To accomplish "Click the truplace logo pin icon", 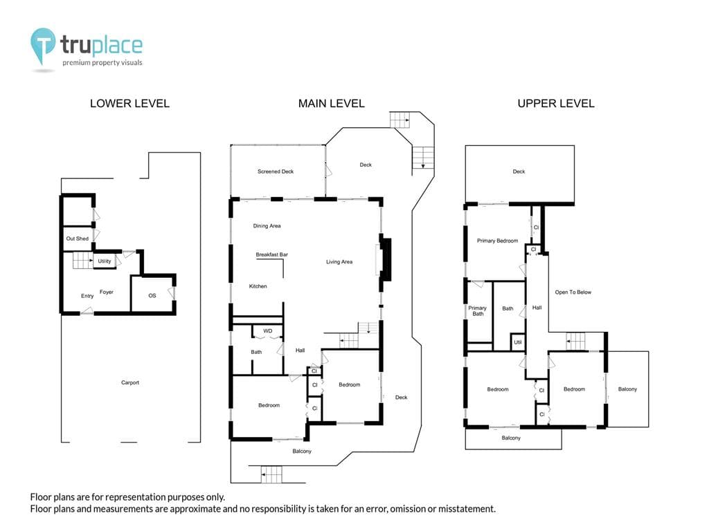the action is (x=42, y=45).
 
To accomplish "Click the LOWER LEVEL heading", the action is (x=129, y=104).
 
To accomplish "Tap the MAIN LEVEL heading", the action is (x=332, y=104).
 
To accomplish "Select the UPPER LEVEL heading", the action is (x=556, y=104).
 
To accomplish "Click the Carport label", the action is (x=130, y=382).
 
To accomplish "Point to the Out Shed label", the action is (x=78, y=239).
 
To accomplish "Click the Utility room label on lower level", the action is (x=105, y=261).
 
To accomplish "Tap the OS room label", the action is (x=152, y=296).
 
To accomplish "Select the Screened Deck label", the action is (x=276, y=171).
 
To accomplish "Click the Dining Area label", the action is (x=267, y=226).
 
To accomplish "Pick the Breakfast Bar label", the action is (x=271, y=254).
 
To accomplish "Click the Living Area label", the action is (x=339, y=262).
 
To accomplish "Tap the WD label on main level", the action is (x=268, y=331).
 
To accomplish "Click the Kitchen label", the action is (x=258, y=286).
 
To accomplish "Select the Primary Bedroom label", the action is (x=497, y=241).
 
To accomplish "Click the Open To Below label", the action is (x=573, y=292).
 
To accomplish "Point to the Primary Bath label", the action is (x=478, y=310).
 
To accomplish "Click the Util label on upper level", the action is (x=518, y=342).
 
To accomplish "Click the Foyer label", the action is (x=107, y=292).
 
